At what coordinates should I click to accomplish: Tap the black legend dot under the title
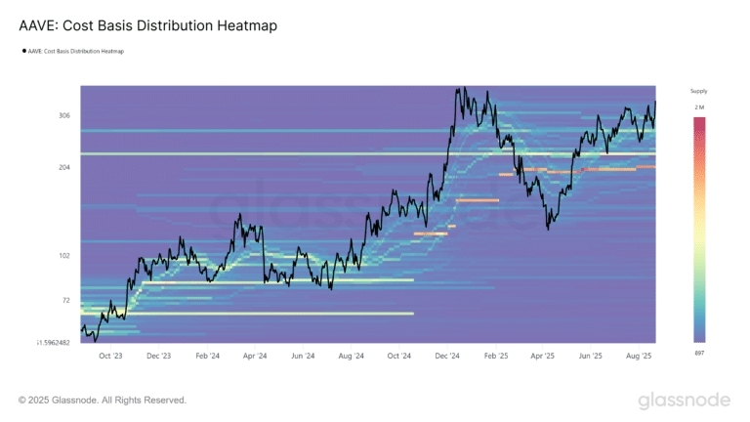pyautogui.click(x=24, y=51)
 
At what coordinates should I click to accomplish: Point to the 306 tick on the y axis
pyautogui.click(x=64, y=115)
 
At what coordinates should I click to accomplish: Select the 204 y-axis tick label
pyautogui.click(x=64, y=167)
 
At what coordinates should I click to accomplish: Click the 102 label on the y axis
pyautogui.click(x=64, y=256)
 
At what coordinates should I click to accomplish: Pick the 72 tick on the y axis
pyautogui.click(x=66, y=300)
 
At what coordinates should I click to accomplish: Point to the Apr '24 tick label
pyautogui.click(x=254, y=358)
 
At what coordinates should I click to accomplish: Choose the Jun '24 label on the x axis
pyautogui.click(x=302, y=358)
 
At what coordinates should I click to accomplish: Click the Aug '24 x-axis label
pyautogui.click(x=351, y=358)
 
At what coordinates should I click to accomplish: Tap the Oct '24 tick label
pyautogui.click(x=398, y=358)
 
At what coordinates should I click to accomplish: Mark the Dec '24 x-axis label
pyautogui.click(x=447, y=358)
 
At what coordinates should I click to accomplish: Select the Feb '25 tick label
pyautogui.click(x=496, y=358)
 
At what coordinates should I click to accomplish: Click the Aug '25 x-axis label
pyautogui.click(x=640, y=358)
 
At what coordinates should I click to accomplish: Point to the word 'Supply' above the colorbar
pyautogui.click(x=698, y=91)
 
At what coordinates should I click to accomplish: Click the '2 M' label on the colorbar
pyautogui.click(x=699, y=105)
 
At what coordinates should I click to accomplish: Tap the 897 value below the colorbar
pyautogui.click(x=699, y=351)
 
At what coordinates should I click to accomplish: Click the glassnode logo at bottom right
pyautogui.click(x=684, y=401)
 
